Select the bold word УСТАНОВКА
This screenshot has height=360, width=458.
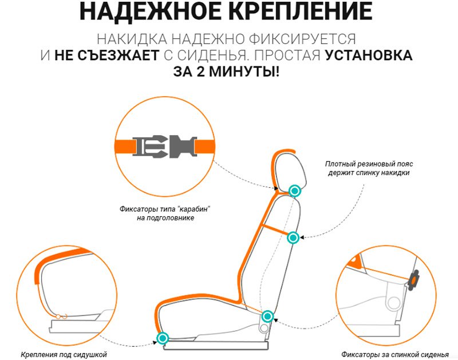pyautogui.click(x=369, y=56)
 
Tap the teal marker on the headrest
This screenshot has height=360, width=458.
pyautogui.click(x=294, y=191)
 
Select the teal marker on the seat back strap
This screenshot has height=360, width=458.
pyautogui.click(x=293, y=238)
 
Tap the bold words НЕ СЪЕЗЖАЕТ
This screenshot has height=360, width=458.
pyautogui.click(x=107, y=56)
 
